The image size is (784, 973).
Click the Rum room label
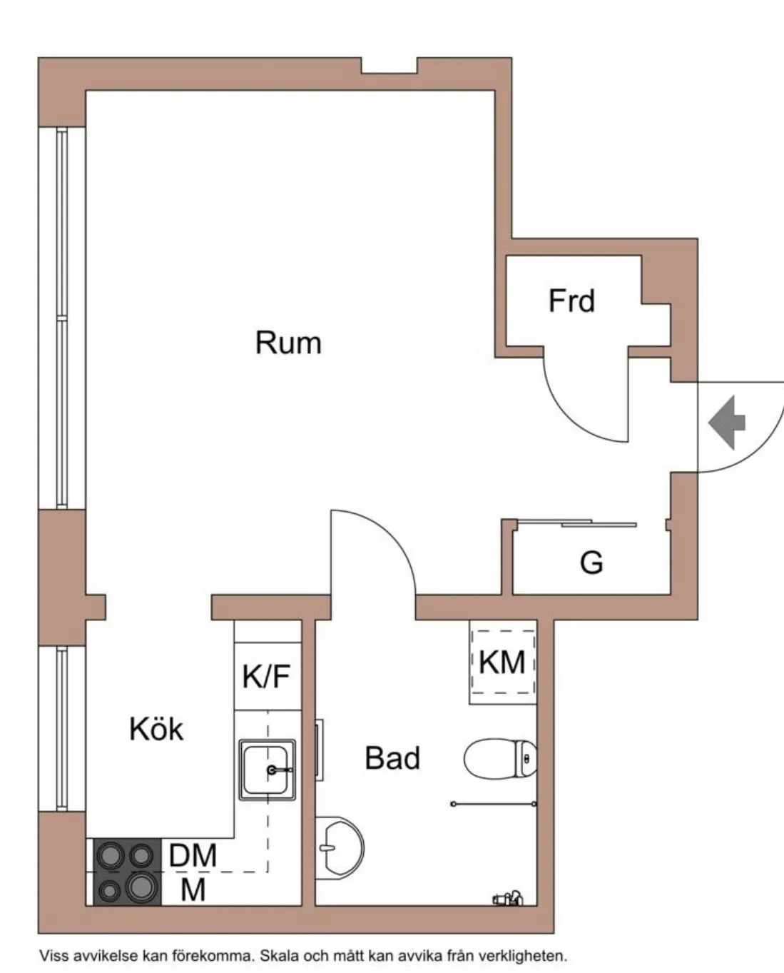pos(288,343)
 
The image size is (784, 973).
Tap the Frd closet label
pos(571,301)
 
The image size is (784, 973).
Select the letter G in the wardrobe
pos(591,563)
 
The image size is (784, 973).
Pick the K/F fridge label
pos(266,676)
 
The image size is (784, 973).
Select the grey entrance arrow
pos(727,423)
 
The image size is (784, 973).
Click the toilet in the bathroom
pos(500,759)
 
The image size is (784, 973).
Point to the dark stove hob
pos(127,872)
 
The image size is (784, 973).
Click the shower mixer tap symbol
pos(508,899)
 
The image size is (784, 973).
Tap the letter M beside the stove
pos(193,889)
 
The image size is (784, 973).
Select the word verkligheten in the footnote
pos(523,956)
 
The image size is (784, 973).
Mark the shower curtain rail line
pos(494,805)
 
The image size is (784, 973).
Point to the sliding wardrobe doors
pos(576,523)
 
